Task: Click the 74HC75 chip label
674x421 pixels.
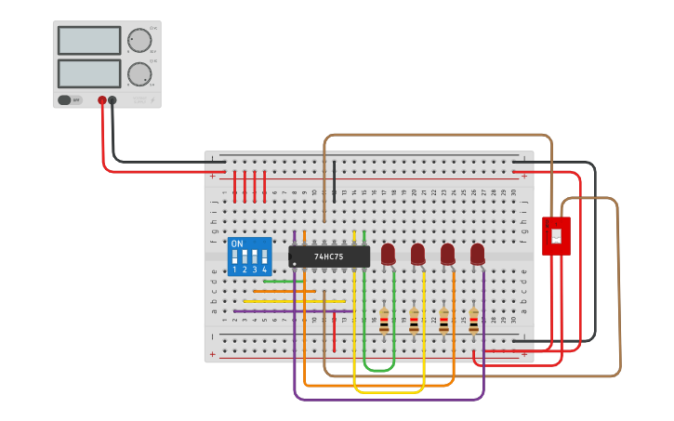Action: point(329,257)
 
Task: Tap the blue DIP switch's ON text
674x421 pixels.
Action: point(237,244)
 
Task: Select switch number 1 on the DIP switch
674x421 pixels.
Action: point(234,257)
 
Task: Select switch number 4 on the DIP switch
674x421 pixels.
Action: point(265,257)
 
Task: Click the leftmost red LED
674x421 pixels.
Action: point(388,253)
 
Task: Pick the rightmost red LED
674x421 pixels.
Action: point(477,253)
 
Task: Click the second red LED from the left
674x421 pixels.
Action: point(417,253)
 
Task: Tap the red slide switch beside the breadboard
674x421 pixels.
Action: point(556,236)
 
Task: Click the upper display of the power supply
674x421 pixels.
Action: point(89,41)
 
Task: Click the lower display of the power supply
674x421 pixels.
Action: point(89,73)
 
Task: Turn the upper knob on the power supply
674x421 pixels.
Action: point(139,41)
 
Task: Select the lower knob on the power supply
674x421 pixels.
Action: point(139,74)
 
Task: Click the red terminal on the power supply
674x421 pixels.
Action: point(102,100)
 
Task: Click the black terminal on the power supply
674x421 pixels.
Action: point(112,100)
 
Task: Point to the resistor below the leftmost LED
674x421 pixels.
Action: point(384,321)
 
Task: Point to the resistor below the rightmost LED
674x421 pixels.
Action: point(473,321)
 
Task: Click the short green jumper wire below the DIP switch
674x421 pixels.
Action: point(283,281)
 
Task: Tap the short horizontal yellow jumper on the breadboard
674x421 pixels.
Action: point(294,301)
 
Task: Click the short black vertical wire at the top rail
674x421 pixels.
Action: point(334,181)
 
